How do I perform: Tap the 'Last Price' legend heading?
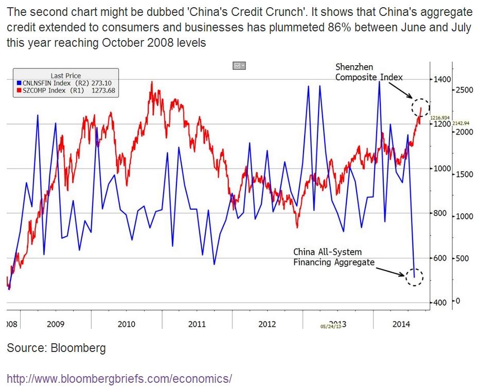65,76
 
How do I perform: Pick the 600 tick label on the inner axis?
440,258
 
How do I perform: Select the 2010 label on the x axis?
126,324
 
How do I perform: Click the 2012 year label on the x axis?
267,324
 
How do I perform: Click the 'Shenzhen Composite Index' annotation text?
368,72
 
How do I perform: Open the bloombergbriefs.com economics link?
119,379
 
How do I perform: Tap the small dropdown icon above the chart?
239,66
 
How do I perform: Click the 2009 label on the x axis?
55,324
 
